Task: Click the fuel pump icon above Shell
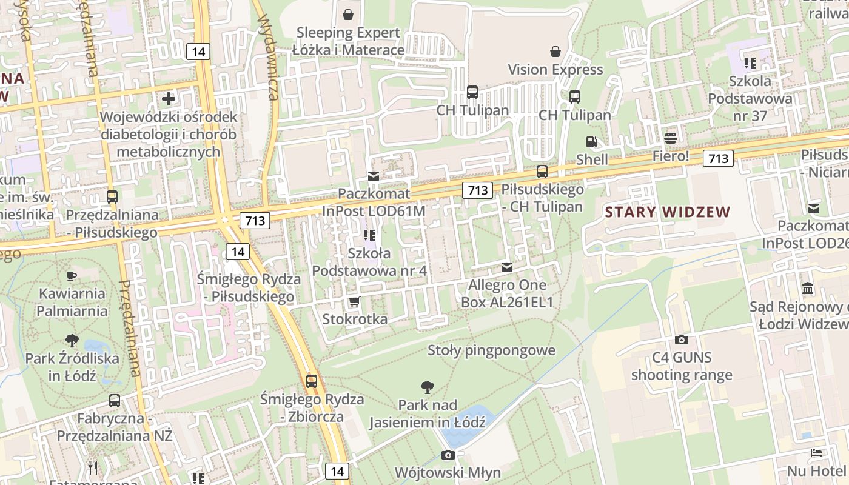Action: pyautogui.click(x=591, y=142)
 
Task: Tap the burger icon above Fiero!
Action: pyautogui.click(x=670, y=138)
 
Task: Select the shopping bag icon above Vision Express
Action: pyautogui.click(x=555, y=52)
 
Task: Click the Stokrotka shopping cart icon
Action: pyautogui.click(x=354, y=301)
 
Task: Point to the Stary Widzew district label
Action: pyautogui.click(x=668, y=212)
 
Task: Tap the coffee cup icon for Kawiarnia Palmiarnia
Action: pyautogui.click(x=72, y=276)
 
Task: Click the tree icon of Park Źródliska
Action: pyautogui.click(x=72, y=341)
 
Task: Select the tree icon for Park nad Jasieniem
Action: pyautogui.click(x=427, y=387)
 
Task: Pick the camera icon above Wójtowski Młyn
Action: pyautogui.click(x=448, y=455)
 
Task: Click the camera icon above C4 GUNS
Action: pyautogui.click(x=682, y=339)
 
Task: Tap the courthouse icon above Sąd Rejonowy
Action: pyautogui.click(x=808, y=289)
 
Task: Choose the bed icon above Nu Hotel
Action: pyautogui.click(x=816, y=453)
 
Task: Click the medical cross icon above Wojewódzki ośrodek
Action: pyautogui.click(x=169, y=98)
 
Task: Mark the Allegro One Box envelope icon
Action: pyautogui.click(x=507, y=267)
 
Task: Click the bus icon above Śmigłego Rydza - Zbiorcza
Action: pyautogui.click(x=312, y=381)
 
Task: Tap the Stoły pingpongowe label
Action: pyautogui.click(x=491, y=350)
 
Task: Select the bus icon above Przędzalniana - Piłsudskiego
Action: pyautogui.click(x=112, y=196)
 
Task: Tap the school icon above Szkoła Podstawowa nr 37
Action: pyautogui.click(x=750, y=62)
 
